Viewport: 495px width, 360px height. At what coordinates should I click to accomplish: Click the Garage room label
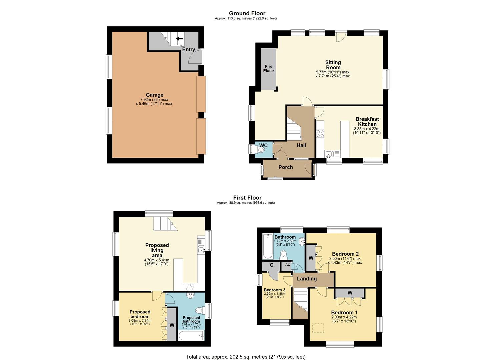(x=154, y=95)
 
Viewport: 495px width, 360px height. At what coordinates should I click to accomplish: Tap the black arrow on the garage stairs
(x=179, y=39)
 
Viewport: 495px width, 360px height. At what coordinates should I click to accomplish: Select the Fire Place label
(x=268, y=69)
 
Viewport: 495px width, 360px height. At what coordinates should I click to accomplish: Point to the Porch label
(x=286, y=167)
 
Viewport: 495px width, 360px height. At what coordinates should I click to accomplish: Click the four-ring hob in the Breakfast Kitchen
(x=320, y=134)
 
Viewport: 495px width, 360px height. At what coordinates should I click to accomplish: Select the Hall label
(x=301, y=145)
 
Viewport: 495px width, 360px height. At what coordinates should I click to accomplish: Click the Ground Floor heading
(x=247, y=13)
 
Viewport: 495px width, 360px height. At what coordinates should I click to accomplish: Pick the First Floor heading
(x=247, y=198)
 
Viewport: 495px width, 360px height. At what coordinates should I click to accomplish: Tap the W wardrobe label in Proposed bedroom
(x=172, y=325)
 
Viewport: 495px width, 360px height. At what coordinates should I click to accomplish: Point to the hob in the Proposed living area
(x=190, y=287)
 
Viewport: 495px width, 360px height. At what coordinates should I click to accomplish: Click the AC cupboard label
(x=287, y=265)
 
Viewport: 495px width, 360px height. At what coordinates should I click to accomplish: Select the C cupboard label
(x=272, y=265)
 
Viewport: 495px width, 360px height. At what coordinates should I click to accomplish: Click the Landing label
(x=307, y=279)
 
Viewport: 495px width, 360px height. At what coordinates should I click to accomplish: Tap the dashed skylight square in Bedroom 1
(x=318, y=328)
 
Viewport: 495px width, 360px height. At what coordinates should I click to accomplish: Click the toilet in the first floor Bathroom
(x=283, y=254)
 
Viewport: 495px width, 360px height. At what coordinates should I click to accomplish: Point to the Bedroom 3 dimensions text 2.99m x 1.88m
(x=275, y=294)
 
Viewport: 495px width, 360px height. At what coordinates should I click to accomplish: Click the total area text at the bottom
(x=246, y=350)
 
